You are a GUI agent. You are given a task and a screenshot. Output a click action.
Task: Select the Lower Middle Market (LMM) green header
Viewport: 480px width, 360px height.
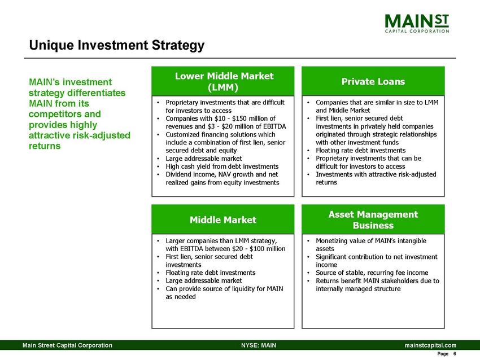223,81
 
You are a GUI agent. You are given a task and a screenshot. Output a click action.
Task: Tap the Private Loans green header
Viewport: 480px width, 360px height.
373,81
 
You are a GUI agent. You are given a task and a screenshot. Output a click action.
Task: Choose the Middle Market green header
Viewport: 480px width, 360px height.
223,219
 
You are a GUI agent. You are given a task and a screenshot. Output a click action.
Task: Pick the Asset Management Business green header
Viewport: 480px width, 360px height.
373,219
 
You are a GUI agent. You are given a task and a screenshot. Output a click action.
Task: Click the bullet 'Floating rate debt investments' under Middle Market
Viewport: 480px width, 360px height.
210,273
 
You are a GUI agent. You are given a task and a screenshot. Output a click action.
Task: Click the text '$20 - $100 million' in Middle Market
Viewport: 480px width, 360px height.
256,249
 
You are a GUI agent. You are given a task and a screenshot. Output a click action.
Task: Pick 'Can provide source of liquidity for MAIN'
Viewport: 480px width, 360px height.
224,289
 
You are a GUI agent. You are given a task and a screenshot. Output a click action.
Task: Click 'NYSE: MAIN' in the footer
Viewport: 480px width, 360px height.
258,345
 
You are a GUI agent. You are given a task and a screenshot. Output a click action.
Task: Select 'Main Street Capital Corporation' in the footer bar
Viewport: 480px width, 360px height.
67,345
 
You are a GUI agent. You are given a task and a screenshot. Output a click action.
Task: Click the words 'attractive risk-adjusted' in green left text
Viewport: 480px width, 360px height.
79,135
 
